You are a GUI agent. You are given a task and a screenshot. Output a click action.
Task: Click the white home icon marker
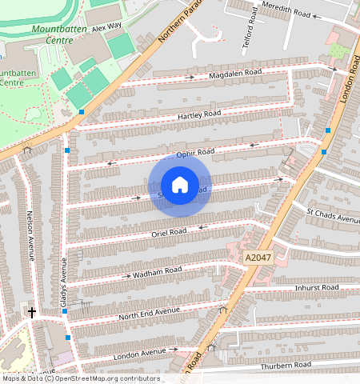[180, 186]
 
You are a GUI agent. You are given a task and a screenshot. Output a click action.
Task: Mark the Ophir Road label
[196, 152]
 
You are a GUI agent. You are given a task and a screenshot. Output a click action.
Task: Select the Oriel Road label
[169, 232]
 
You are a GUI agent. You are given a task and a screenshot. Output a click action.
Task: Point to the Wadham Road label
[158, 272]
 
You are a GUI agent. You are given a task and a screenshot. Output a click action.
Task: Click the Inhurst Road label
[317, 287]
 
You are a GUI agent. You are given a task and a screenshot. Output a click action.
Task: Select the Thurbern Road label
[286, 366]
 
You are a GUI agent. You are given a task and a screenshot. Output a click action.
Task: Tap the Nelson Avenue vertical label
[31, 235]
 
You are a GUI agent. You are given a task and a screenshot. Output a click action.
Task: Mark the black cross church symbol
[32, 312]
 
